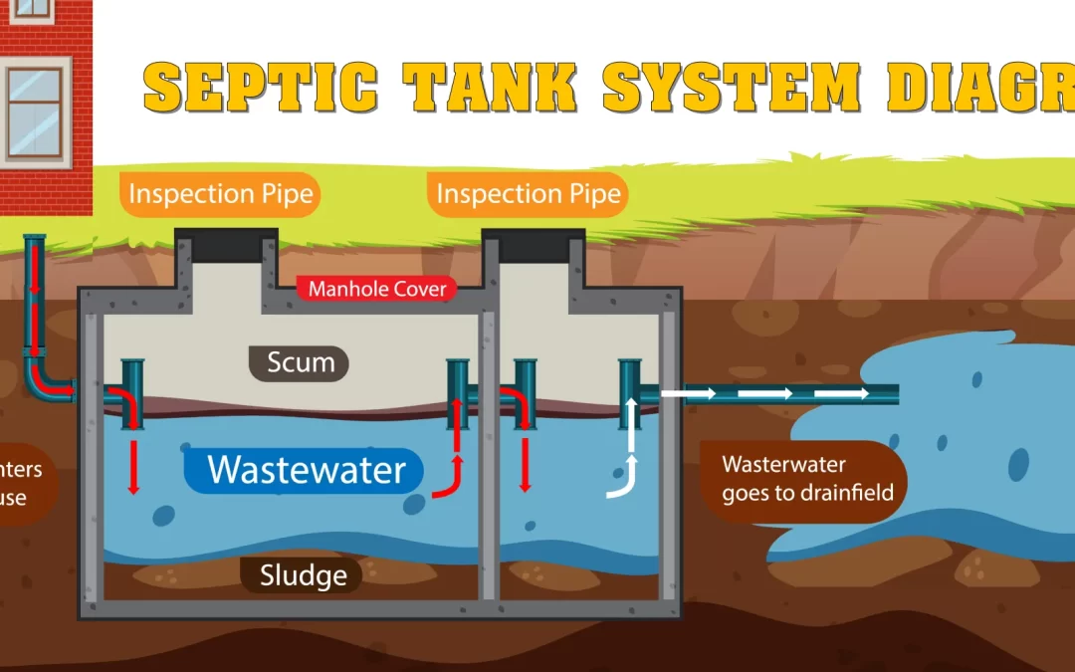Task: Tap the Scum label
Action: point(300,362)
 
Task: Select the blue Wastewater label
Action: point(306,469)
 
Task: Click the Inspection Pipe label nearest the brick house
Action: point(221,194)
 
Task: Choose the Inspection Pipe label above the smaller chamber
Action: point(529,194)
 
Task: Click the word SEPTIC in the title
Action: point(261,88)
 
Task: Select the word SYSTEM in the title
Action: point(732,88)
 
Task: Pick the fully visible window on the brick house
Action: point(35,110)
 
